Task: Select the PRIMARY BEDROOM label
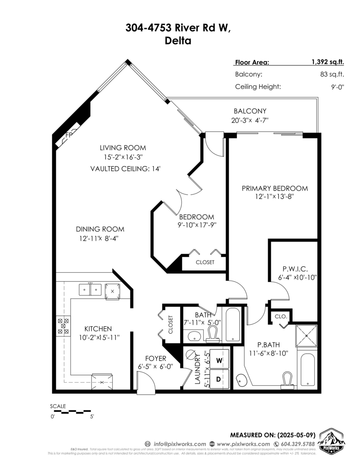coord(275,188)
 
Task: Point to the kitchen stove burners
coord(64,326)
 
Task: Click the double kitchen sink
coord(90,289)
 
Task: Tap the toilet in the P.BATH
coord(287,379)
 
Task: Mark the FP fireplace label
coord(69,135)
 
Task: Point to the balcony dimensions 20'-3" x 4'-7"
coord(250,120)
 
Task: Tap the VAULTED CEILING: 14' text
coord(125,169)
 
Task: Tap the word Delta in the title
coord(178,40)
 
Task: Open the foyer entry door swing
coord(146,381)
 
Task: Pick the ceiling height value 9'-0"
coord(336,87)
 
